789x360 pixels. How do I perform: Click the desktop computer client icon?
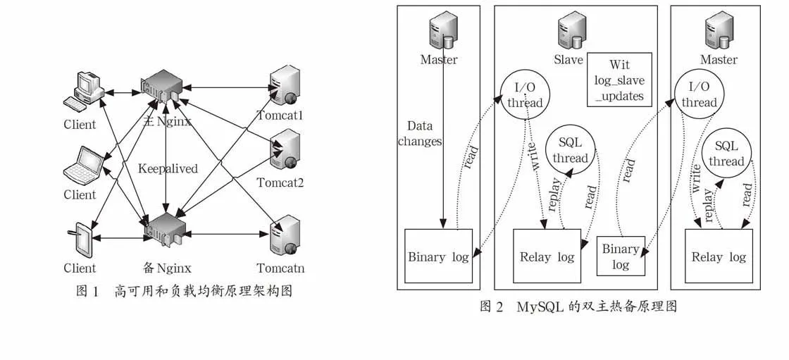(x=84, y=92)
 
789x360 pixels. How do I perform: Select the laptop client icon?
(x=84, y=167)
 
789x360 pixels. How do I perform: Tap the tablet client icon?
(x=80, y=242)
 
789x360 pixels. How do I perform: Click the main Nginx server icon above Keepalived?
(x=162, y=89)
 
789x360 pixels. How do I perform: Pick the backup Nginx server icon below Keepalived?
(x=164, y=229)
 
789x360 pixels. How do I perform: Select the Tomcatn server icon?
(x=285, y=236)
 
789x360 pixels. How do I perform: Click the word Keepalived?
(x=168, y=168)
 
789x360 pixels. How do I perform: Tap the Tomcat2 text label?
(x=280, y=182)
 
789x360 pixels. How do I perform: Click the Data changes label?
(x=420, y=133)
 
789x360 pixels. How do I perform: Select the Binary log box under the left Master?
(x=438, y=256)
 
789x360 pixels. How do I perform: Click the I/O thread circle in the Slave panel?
(x=525, y=96)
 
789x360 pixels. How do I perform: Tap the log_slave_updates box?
(x=619, y=80)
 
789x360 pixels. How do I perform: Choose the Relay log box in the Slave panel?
(x=547, y=256)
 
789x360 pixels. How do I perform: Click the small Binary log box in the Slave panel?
(x=621, y=256)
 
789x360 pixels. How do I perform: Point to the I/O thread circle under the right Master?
(x=698, y=94)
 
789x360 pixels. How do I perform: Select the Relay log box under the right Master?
(x=719, y=256)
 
